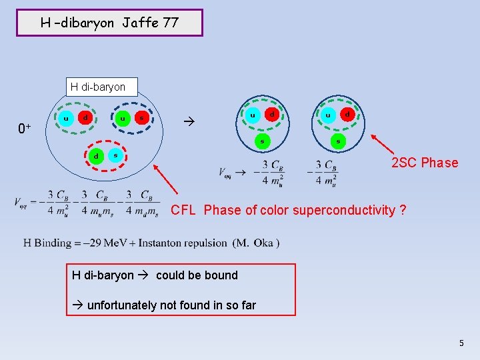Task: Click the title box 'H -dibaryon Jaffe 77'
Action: tap(109, 23)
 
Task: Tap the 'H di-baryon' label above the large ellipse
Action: tap(98, 87)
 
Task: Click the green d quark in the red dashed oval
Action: tap(95, 156)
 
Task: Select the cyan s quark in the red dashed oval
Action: tap(115, 156)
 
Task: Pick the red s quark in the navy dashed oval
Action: tap(141, 118)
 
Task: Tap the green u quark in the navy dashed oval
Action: tap(122, 118)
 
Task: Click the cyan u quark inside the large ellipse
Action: tap(65, 118)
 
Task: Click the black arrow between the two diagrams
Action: tap(187, 123)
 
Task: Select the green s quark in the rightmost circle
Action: tap(337, 141)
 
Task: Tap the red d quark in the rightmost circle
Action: tap(347, 115)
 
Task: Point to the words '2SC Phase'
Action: tap(425, 163)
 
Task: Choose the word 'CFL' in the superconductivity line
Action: tap(183, 210)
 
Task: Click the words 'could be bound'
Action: tap(197, 275)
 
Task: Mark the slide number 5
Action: tap(461, 343)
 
